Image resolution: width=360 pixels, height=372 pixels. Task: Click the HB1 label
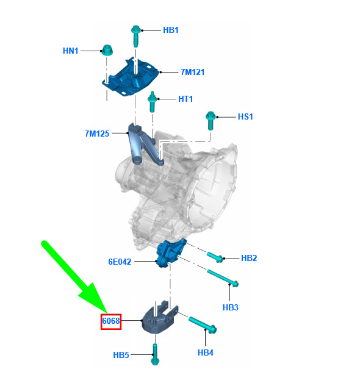[171, 30]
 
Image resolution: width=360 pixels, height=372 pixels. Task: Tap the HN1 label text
[71, 51]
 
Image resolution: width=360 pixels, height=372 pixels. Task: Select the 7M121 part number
[192, 72]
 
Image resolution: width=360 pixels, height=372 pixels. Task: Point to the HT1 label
[185, 99]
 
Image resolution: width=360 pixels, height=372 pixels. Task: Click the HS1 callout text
[245, 116]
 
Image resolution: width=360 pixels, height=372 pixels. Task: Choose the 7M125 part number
[97, 134]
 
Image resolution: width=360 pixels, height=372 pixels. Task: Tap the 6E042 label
[120, 262]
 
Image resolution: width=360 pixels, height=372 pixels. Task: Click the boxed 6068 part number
[111, 321]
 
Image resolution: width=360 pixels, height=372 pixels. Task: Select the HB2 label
[249, 258]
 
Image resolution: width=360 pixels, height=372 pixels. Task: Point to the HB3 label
[231, 307]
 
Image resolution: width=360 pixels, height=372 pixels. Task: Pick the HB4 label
[206, 352]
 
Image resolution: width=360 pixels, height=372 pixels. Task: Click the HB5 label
[121, 355]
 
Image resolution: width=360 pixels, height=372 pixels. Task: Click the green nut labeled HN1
[107, 50]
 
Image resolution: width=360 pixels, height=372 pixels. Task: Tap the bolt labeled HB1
[135, 36]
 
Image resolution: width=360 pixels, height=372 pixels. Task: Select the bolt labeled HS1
[211, 121]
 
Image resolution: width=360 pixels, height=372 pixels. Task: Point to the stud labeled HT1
[152, 102]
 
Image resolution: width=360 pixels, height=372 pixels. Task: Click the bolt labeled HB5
[155, 354]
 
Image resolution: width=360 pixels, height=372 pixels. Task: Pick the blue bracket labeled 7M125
[143, 145]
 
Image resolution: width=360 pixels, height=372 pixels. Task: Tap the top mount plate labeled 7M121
[131, 76]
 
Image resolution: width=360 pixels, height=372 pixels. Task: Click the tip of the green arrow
[107, 313]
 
